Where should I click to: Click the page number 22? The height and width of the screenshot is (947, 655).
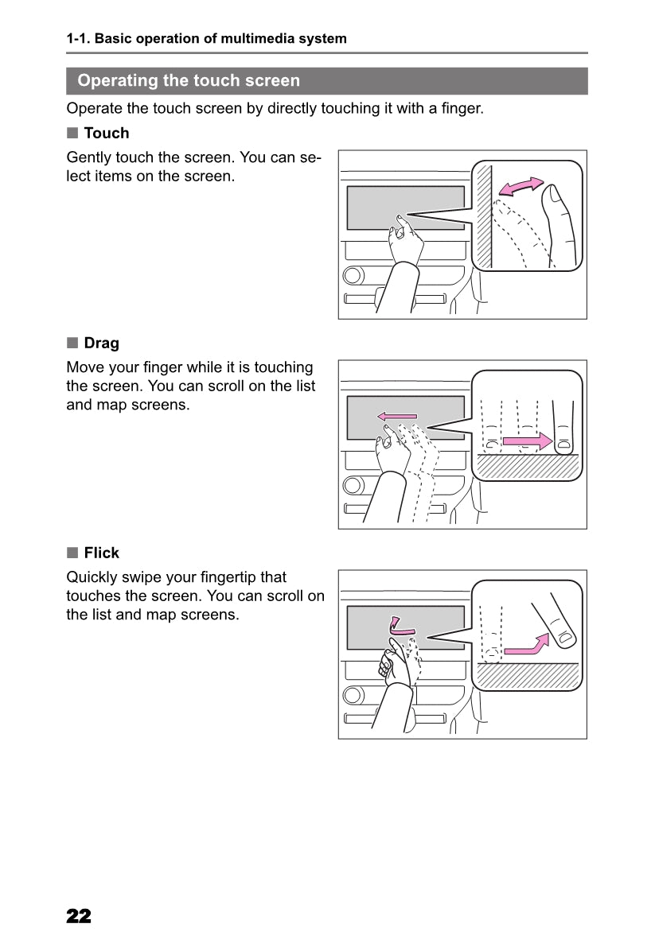click(x=79, y=916)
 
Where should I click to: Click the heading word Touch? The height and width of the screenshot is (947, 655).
click(x=107, y=133)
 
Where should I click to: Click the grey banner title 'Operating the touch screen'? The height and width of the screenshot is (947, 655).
click(x=189, y=80)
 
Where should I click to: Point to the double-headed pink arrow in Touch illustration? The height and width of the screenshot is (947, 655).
click(x=520, y=187)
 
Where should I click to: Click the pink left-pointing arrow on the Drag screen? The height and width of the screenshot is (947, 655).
click(x=397, y=416)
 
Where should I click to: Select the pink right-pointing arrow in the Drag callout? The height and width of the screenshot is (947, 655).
click(x=528, y=441)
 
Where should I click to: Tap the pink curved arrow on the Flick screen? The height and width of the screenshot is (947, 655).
click(x=400, y=627)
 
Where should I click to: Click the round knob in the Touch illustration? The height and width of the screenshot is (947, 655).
click(x=353, y=276)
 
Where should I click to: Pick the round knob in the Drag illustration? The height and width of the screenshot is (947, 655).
click(x=353, y=486)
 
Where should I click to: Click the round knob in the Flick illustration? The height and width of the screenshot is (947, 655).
click(x=353, y=695)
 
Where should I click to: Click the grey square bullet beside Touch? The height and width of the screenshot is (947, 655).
click(x=72, y=133)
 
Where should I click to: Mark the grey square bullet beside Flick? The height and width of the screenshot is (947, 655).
click(x=72, y=553)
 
